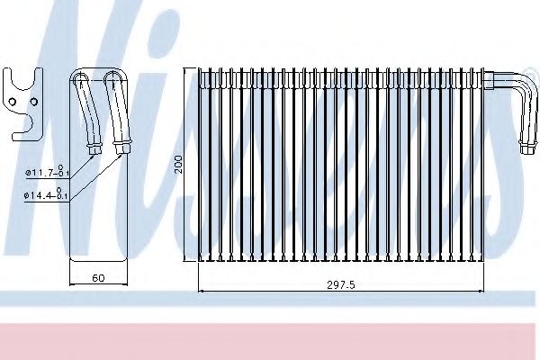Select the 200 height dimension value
tap(179, 164)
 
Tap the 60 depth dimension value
tap(98, 278)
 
